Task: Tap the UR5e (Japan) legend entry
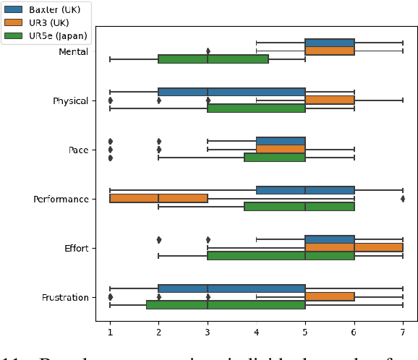click(x=47, y=35)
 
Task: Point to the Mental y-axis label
click(x=73, y=51)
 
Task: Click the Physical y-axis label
click(x=71, y=100)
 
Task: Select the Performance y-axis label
click(x=61, y=199)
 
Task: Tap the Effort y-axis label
click(x=76, y=248)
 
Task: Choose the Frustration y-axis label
click(x=64, y=297)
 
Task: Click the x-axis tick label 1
click(x=110, y=333)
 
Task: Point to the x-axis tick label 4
click(x=256, y=333)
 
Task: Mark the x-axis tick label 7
click(x=403, y=333)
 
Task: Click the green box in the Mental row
click(x=213, y=59)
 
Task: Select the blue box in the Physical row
click(x=231, y=92)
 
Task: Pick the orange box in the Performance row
click(x=158, y=198)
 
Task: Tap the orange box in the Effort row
click(x=354, y=247)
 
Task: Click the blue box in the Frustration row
click(x=231, y=288)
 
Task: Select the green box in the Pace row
click(x=274, y=157)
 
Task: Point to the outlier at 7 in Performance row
click(x=403, y=198)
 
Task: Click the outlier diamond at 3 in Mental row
click(x=208, y=51)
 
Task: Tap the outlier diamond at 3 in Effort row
click(x=208, y=239)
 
